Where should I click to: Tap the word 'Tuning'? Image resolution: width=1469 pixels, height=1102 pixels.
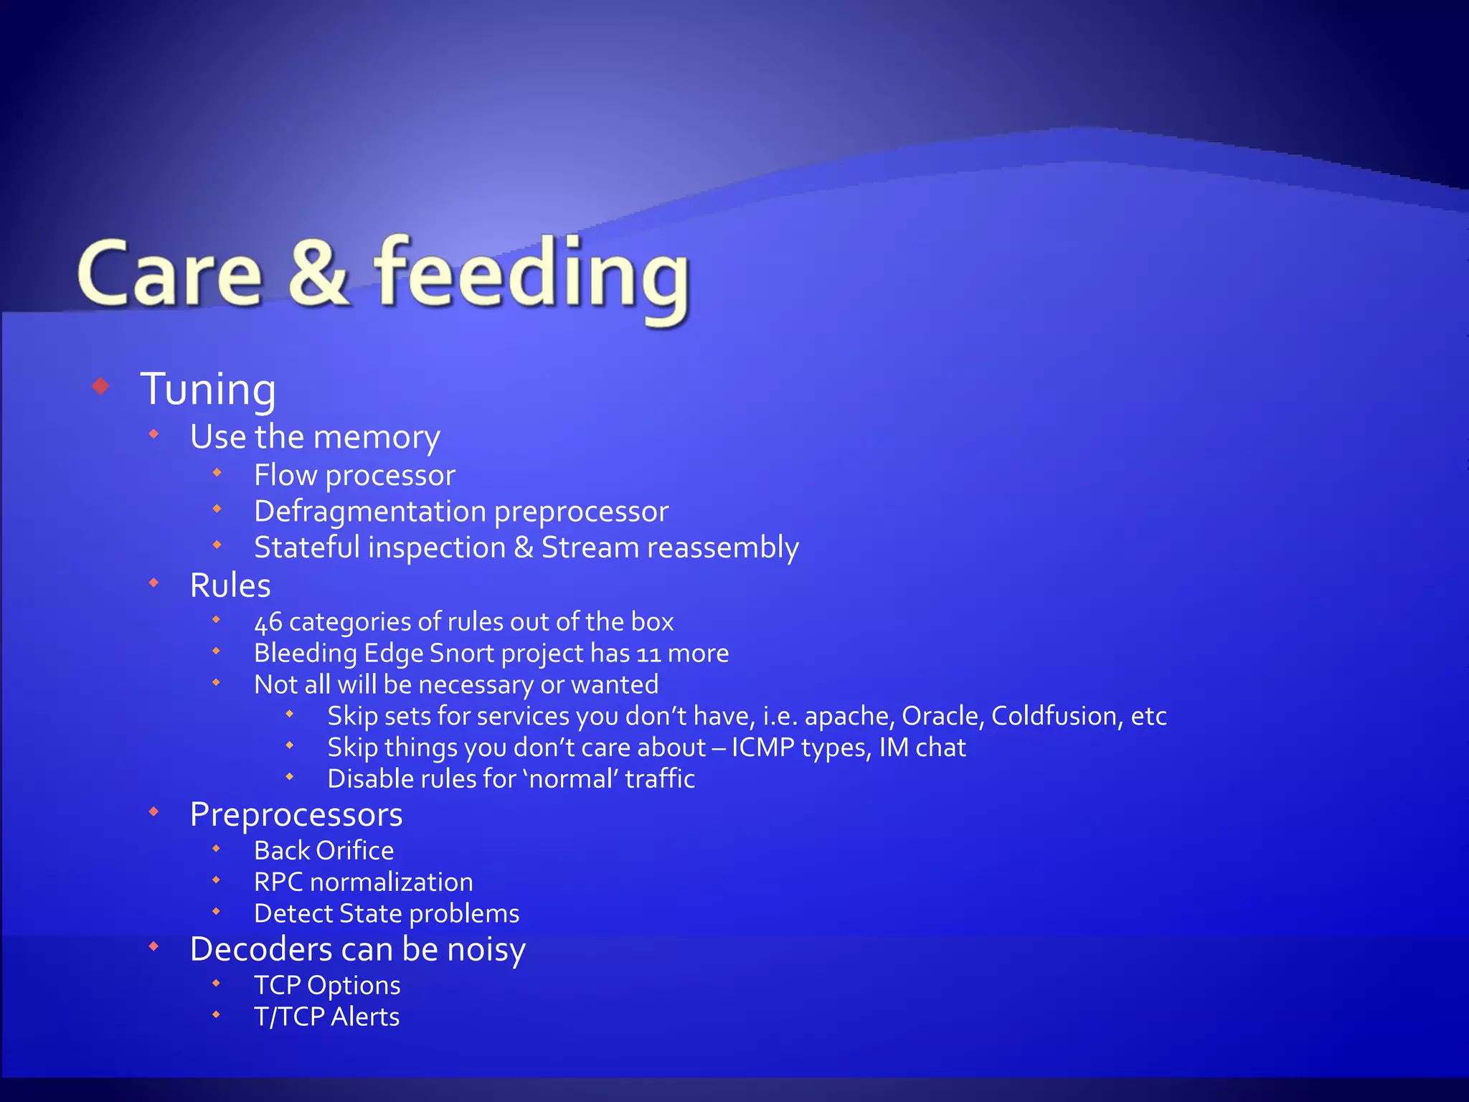point(208,390)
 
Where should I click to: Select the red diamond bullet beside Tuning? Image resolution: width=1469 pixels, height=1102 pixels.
point(101,387)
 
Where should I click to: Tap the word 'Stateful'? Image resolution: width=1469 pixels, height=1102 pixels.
point(307,547)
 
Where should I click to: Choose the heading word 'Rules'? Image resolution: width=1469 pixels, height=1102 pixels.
point(230,585)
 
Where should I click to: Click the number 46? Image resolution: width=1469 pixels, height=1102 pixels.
point(268,622)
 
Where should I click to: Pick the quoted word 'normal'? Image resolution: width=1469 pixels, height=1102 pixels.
point(570,779)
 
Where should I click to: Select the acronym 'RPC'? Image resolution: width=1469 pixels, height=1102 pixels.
point(278,882)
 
